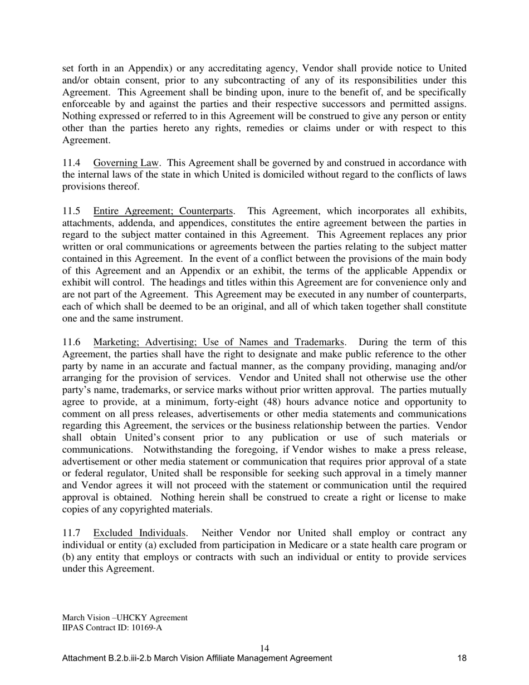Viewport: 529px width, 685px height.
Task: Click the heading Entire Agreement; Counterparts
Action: click(163, 211)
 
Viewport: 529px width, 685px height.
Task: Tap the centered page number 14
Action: click(264, 648)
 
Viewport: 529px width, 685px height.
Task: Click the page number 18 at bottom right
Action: click(462, 658)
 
